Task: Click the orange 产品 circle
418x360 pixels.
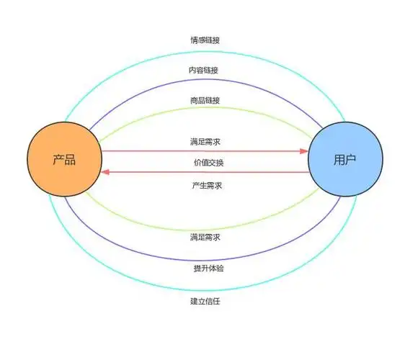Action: point(64,161)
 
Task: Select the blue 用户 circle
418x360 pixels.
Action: point(344,161)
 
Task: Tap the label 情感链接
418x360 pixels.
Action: point(206,40)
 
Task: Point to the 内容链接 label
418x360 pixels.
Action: point(206,70)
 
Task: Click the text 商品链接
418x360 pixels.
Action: point(206,100)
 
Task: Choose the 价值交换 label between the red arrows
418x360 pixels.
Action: point(206,163)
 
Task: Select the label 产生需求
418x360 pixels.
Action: point(206,186)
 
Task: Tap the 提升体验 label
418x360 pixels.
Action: point(206,269)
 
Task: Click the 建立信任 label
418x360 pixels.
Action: point(206,300)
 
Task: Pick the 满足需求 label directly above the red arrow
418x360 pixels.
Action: point(206,142)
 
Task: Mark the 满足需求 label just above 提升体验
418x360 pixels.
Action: point(206,237)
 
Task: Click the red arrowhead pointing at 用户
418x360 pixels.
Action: point(303,151)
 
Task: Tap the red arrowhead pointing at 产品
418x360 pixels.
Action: point(106,173)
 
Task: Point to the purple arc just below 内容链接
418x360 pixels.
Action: point(206,81)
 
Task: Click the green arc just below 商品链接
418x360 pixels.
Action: point(206,109)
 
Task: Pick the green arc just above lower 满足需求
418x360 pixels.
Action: point(206,225)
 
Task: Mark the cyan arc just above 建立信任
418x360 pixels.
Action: point(206,286)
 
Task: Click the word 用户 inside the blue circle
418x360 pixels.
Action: point(344,161)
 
